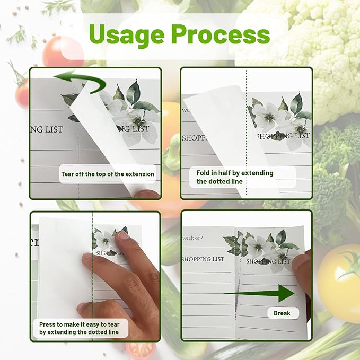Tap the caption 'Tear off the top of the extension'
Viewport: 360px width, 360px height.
(x=108, y=174)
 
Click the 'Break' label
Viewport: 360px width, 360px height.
(x=282, y=313)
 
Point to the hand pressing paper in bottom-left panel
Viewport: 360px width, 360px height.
(x=114, y=276)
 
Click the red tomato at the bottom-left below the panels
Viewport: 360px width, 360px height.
(x=140, y=350)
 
